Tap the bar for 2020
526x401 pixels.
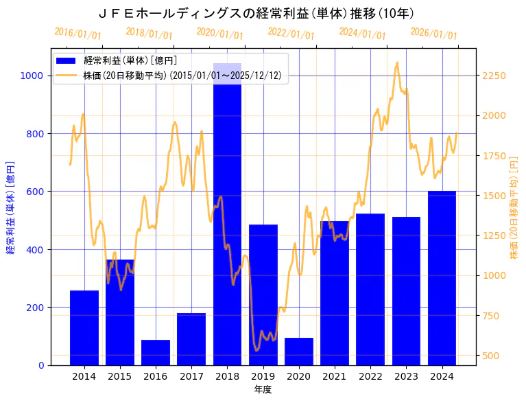(x=299, y=351)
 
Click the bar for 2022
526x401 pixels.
(x=370, y=289)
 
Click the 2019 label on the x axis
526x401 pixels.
(x=263, y=376)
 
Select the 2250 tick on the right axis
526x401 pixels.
(x=494, y=76)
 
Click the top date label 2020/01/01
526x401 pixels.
(x=219, y=33)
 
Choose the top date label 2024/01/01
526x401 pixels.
(x=362, y=33)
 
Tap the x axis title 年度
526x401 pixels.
(x=263, y=389)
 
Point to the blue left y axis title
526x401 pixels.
(x=10, y=207)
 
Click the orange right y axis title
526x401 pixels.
(x=514, y=207)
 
